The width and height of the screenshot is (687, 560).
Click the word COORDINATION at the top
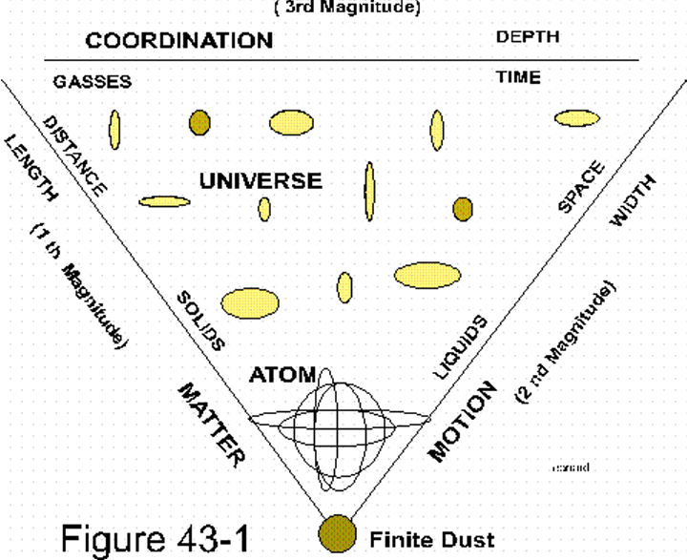178,40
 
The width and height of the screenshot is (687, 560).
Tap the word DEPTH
527,38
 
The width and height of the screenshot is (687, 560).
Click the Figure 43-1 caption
156,537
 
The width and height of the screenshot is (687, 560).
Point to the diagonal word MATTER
208,423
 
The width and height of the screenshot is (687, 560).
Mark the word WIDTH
632,203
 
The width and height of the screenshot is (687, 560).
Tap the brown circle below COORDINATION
199,122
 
